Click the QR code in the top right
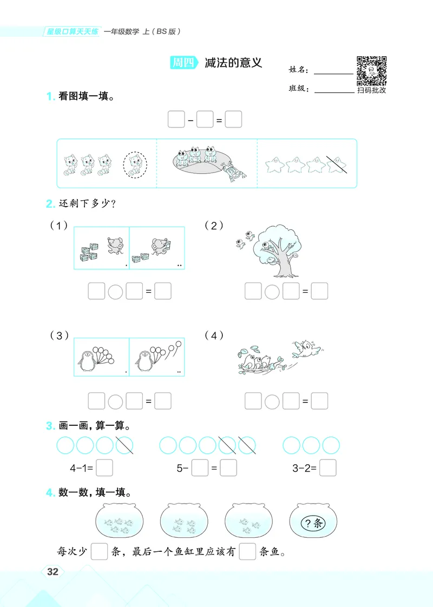click(x=372, y=71)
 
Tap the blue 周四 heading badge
click(x=183, y=63)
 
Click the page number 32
click(x=53, y=572)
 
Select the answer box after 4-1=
click(x=104, y=468)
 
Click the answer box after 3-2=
click(x=328, y=468)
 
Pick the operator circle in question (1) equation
click(x=115, y=292)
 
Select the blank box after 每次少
click(x=99, y=552)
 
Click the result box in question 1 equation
click(x=233, y=120)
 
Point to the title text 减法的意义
click(x=233, y=63)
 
